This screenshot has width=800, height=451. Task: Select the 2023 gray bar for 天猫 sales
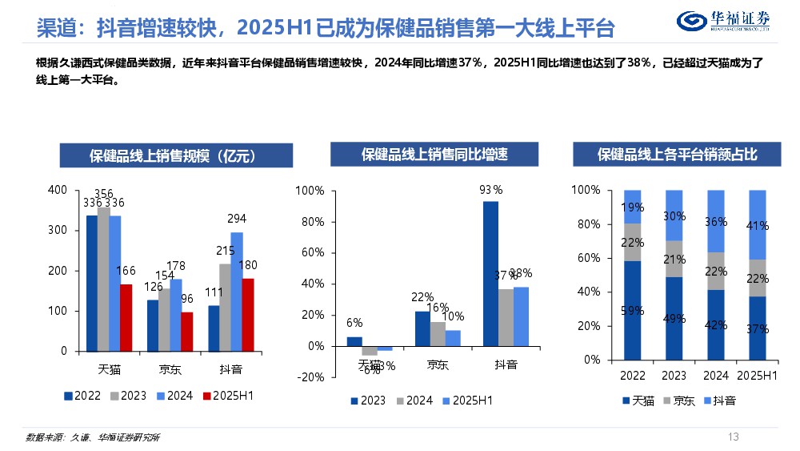point(102,279)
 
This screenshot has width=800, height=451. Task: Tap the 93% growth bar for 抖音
point(490,273)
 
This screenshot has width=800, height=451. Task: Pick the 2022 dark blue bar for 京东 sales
point(152,325)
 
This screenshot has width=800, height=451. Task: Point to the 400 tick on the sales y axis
point(58,190)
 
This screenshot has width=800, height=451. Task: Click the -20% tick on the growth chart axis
point(310,377)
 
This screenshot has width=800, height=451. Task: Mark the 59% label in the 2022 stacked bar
point(632,311)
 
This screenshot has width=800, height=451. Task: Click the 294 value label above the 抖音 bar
point(237,218)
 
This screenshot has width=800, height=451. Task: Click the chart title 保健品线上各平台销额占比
point(677,155)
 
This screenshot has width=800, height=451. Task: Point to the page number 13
point(733,437)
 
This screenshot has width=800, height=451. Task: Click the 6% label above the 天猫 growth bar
point(354,323)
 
